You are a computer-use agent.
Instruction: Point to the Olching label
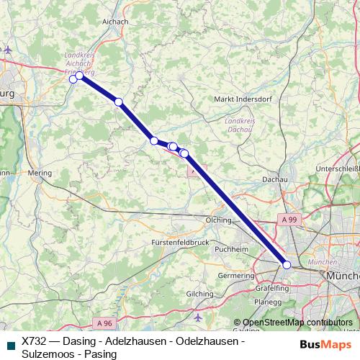click(x=218, y=220)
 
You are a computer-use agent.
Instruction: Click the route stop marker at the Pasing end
click(x=287, y=265)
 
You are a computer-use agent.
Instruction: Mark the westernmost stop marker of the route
click(x=73, y=79)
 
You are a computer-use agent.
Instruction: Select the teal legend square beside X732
click(x=9, y=345)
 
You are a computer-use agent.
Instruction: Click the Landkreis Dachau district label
click(x=240, y=125)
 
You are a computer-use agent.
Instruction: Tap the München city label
click(x=343, y=276)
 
